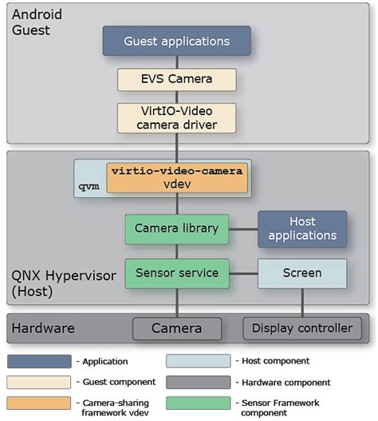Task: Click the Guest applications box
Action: point(176,41)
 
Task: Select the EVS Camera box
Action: point(176,80)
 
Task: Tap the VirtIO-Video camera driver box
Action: point(176,117)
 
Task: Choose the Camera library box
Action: point(176,228)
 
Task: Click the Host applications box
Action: point(302,228)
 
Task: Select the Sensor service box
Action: point(176,273)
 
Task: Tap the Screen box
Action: point(302,273)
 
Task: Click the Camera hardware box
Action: point(176,328)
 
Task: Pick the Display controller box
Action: point(302,328)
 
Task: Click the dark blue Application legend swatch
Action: point(41,361)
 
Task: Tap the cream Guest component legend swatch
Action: point(41,382)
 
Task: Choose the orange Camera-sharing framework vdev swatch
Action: point(41,403)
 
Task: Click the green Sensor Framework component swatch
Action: point(199,403)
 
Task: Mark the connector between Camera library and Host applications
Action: point(243,228)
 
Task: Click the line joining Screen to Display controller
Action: point(302,302)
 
